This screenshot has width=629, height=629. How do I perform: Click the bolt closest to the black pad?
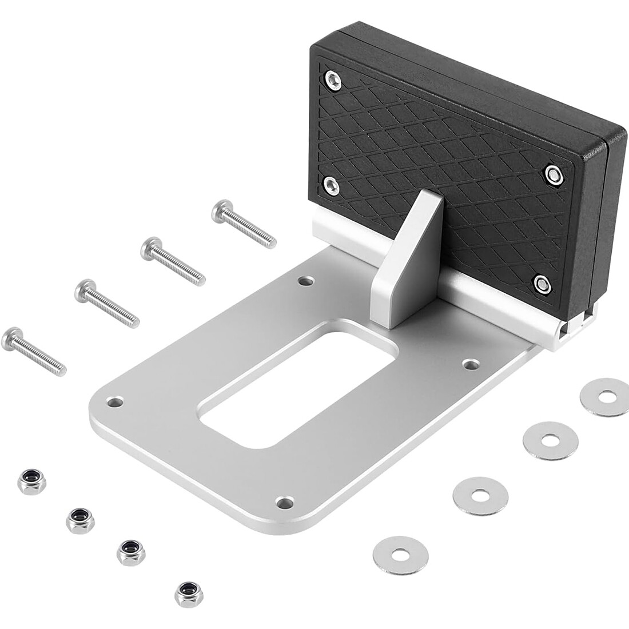(x=244, y=224)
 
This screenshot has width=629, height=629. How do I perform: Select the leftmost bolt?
(x=34, y=351)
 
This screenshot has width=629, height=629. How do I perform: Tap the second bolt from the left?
(x=106, y=303)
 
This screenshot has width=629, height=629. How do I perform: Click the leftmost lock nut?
(x=31, y=482)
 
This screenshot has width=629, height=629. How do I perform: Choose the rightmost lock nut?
(x=189, y=594)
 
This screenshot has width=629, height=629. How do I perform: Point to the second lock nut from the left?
(x=80, y=520)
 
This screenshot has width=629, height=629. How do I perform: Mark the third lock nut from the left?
(x=130, y=552)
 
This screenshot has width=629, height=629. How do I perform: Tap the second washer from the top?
(x=550, y=440)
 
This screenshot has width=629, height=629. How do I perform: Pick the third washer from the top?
(x=480, y=495)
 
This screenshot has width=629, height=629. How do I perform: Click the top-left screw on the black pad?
(x=332, y=79)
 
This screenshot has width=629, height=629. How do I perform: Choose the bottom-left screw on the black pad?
(x=332, y=184)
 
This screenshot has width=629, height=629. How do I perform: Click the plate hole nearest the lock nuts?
(x=117, y=402)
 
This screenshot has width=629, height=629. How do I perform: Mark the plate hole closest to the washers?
(x=470, y=364)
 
